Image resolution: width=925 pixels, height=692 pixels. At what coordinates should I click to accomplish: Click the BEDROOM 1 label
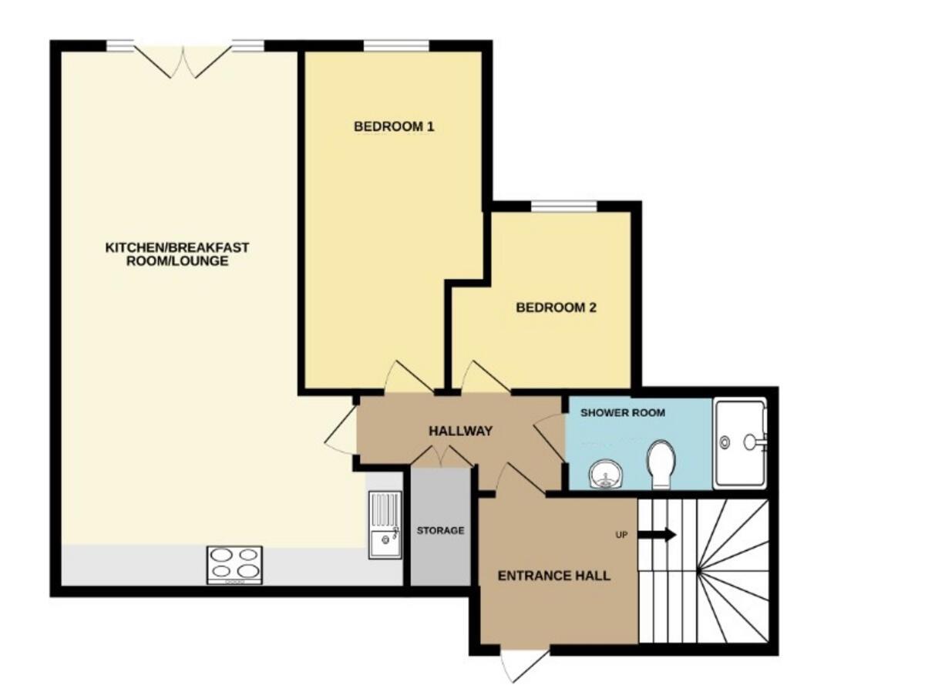(x=394, y=126)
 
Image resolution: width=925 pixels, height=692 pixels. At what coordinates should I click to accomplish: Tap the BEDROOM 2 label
(x=556, y=307)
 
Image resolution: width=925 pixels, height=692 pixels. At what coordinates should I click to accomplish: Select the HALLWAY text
(x=460, y=431)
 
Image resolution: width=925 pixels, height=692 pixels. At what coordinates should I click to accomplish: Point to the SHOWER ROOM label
(x=622, y=413)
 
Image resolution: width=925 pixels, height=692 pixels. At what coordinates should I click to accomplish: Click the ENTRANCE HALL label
(x=553, y=576)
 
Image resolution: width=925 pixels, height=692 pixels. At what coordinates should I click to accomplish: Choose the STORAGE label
(x=440, y=530)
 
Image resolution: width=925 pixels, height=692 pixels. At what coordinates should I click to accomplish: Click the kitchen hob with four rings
(x=234, y=564)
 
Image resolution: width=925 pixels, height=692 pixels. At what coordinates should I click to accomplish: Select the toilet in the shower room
(x=661, y=464)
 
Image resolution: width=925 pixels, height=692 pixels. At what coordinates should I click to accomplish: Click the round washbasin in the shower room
(x=605, y=475)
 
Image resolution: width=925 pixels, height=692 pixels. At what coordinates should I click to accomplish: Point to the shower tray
(x=740, y=442)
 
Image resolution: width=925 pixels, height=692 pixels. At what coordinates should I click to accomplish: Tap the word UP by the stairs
(x=621, y=535)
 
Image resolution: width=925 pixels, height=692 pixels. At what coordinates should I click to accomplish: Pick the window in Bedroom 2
(x=563, y=206)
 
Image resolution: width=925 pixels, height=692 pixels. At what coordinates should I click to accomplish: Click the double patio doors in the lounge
(x=183, y=60)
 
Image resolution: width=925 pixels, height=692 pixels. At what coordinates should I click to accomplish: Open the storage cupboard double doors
(x=441, y=458)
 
